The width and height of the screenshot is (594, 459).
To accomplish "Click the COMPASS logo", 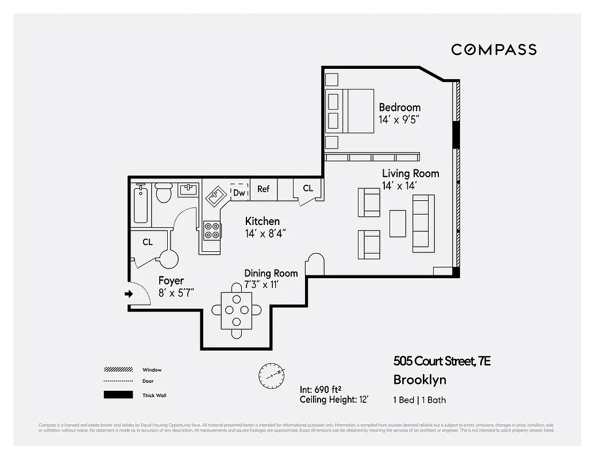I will (x=493, y=49).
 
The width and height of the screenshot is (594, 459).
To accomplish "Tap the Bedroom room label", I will (x=399, y=107).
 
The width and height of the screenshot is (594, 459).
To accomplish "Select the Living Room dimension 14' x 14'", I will (x=399, y=186).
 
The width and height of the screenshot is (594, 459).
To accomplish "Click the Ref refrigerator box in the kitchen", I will (x=263, y=189).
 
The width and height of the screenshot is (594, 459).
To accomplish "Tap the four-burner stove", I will (x=212, y=230).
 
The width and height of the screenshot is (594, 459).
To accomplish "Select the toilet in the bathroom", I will (x=164, y=193).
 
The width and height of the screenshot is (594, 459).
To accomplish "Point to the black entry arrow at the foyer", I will (x=128, y=294).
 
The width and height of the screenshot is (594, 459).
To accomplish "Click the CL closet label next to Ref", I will (x=308, y=188).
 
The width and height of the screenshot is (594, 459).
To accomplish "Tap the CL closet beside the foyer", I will (x=148, y=242).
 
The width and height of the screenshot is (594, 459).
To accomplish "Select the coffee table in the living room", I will (x=398, y=223).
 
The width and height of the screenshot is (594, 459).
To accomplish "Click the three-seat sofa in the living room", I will (x=423, y=223).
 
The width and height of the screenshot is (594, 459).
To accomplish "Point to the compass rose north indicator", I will (x=271, y=374).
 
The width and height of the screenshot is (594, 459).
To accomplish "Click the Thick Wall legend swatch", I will (x=118, y=395).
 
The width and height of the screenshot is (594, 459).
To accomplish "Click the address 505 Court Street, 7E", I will (x=442, y=361).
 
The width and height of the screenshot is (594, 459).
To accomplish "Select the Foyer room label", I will (x=171, y=281).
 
